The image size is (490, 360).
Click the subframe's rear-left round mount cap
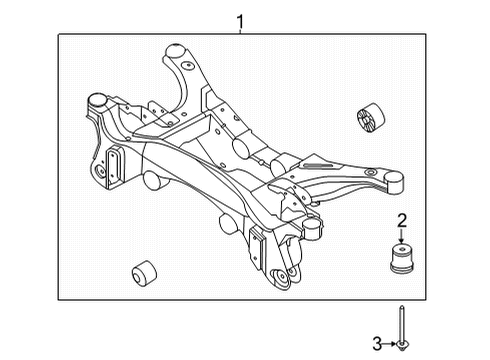click(98, 100)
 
